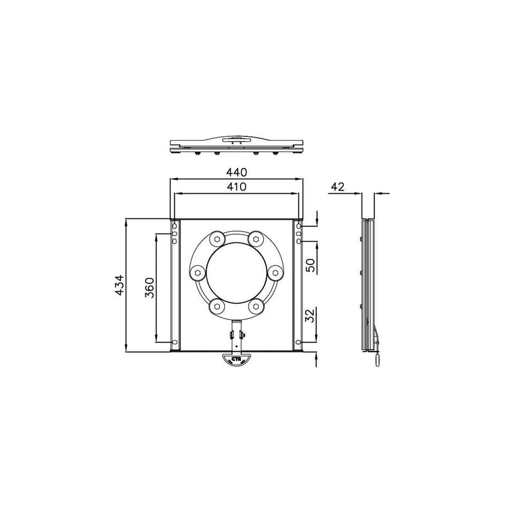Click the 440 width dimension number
(x=236, y=172)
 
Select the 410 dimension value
(x=236, y=187)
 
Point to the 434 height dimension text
(x=119, y=285)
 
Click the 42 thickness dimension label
(x=339, y=186)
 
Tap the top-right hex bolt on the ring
(x=256, y=239)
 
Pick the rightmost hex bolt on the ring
(x=275, y=273)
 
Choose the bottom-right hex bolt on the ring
(x=256, y=307)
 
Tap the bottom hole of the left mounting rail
(x=175, y=343)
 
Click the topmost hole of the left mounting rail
(x=175, y=227)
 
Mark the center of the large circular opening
(x=237, y=273)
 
